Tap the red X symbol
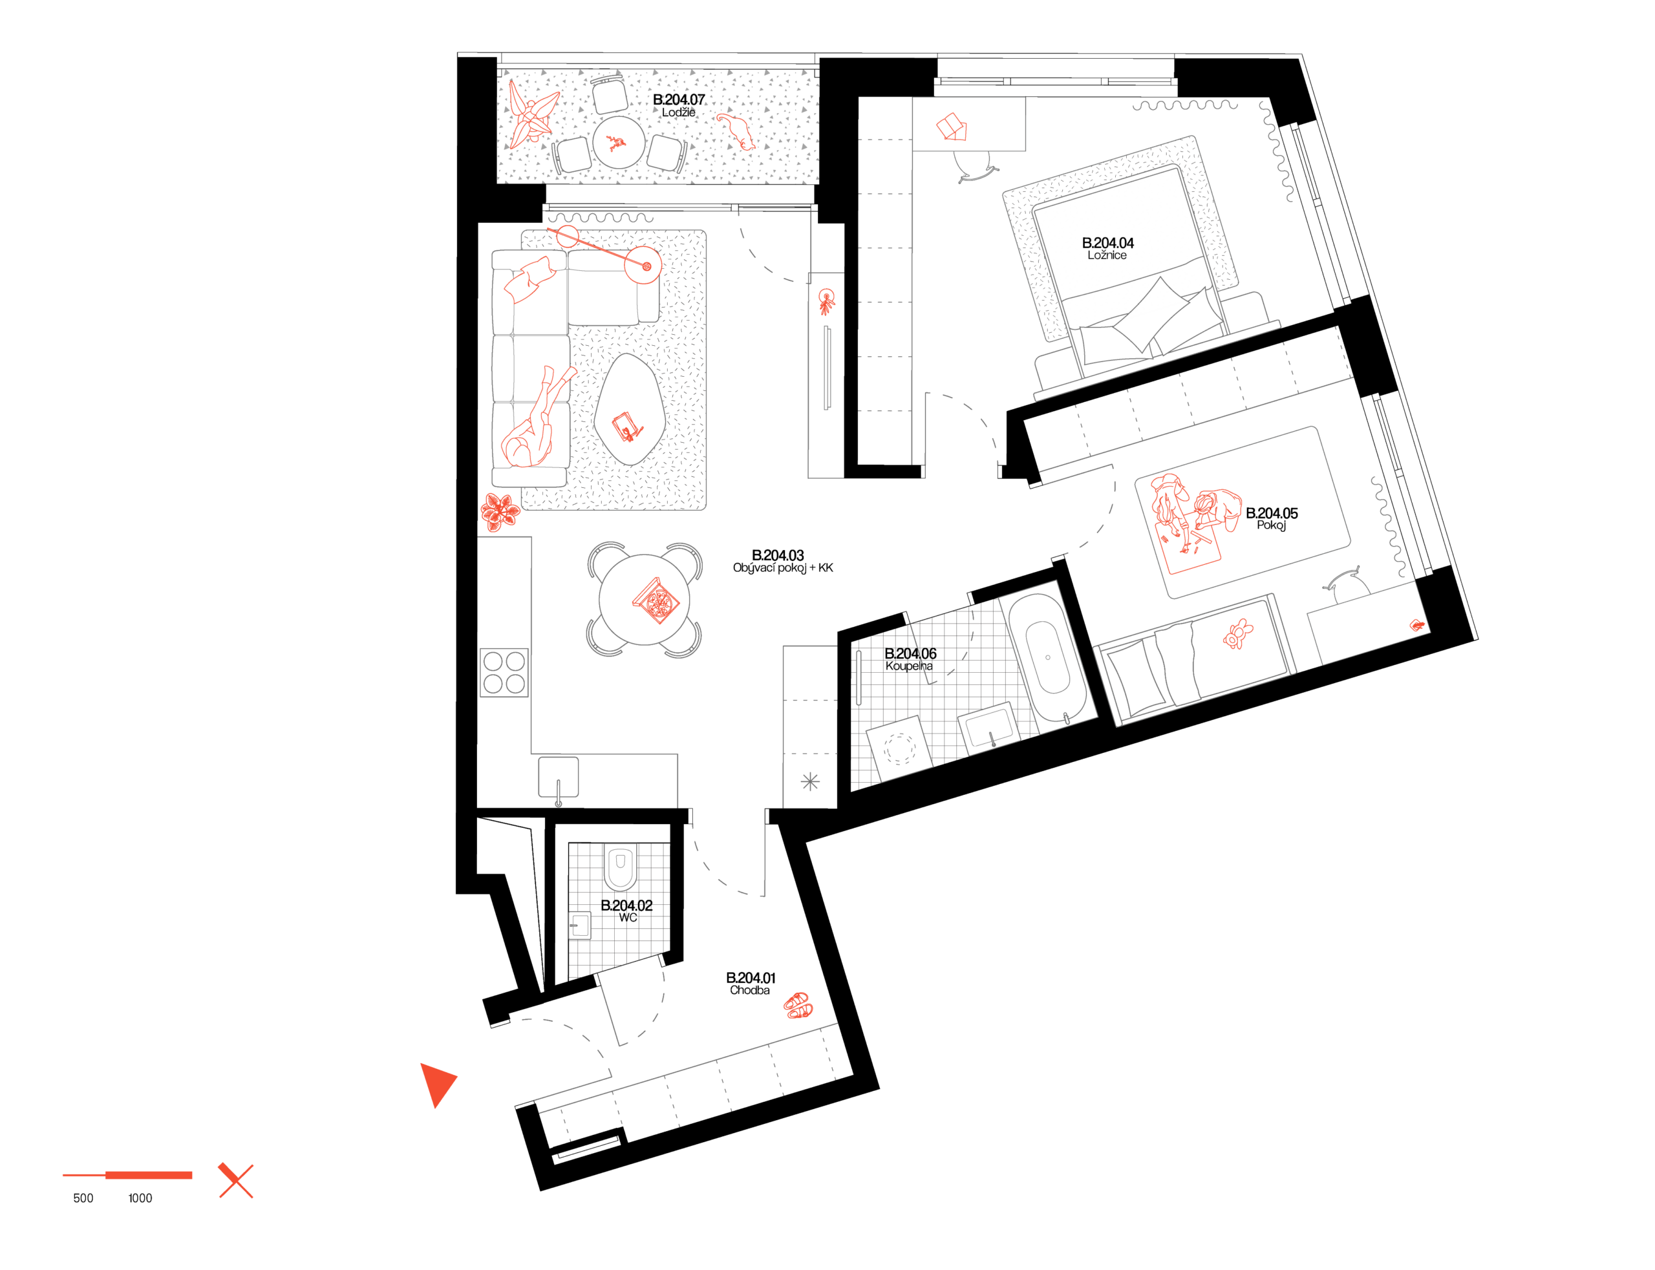236,1181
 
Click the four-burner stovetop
504,672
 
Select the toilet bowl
620,867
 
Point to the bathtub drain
1048,657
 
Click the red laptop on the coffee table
627,427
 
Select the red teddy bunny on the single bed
1237,633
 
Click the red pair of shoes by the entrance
798,1006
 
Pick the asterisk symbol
810,781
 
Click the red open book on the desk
952,126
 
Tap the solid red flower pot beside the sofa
499,512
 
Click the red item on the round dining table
656,602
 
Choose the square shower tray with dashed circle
899,748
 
